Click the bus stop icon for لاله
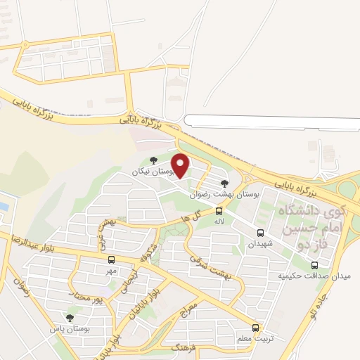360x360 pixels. [219, 211]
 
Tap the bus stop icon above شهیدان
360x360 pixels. [261, 233]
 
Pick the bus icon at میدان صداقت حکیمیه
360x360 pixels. [314, 265]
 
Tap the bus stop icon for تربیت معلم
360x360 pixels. [255, 328]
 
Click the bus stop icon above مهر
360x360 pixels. [111, 260]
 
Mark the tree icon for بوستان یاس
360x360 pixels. [69, 317]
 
